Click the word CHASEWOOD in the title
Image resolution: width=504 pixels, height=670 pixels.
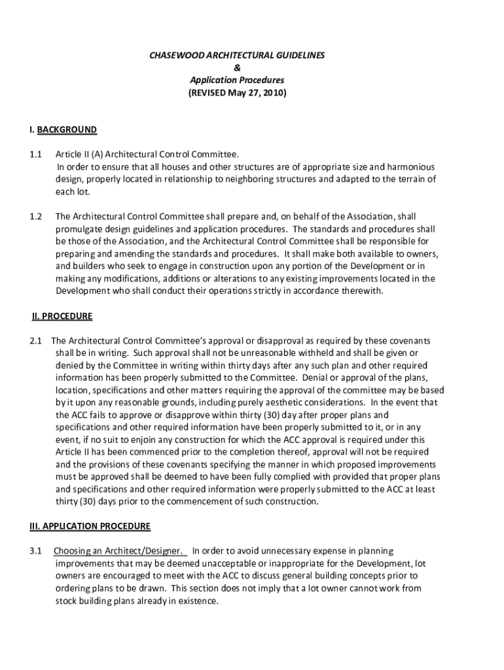pos(171,56)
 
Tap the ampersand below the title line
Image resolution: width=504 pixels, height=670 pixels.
pos(237,68)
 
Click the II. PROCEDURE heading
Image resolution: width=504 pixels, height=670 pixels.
pos(62,317)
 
